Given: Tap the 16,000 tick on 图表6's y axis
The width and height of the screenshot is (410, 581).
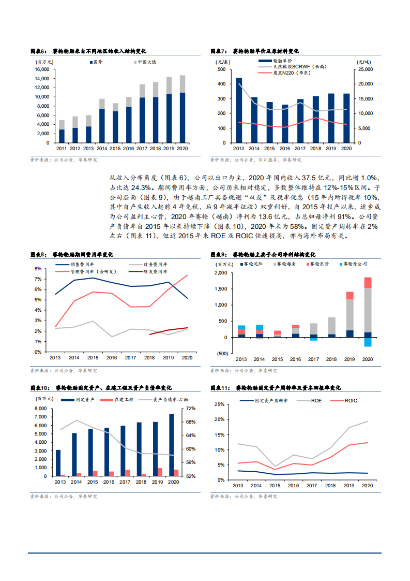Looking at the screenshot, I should pyautogui.click(x=42, y=69).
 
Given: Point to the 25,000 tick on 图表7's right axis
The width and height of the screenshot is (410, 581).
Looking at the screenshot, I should pyautogui.click(x=365, y=69).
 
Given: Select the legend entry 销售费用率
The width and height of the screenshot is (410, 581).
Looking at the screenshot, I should pyautogui.click(x=84, y=265).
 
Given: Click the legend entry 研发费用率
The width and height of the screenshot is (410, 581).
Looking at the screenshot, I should pyautogui.click(x=155, y=271).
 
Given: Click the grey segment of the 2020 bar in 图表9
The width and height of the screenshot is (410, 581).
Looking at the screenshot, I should pyautogui.click(x=368, y=310).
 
